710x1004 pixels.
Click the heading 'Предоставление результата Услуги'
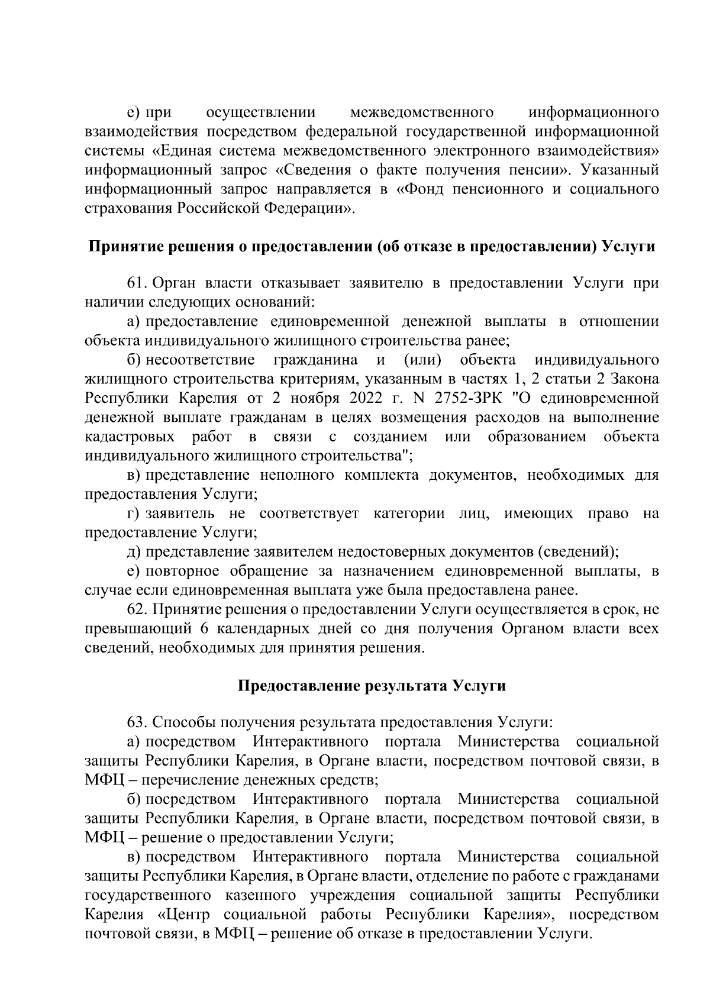(372, 686)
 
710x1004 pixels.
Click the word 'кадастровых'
(130, 437)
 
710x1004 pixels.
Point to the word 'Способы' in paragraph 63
(184, 722)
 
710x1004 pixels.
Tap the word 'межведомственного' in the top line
(422, 112)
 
